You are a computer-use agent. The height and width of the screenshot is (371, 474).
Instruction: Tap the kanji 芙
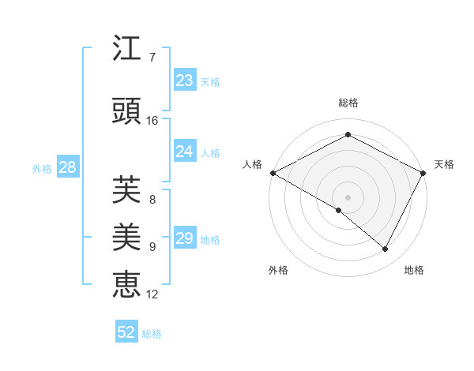pos(127,189)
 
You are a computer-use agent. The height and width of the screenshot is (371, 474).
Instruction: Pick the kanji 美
pos(127,236)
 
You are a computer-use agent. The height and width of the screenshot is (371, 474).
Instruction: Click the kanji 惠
pos(127,283)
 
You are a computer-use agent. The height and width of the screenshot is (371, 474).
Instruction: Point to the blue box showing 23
pos(185,81)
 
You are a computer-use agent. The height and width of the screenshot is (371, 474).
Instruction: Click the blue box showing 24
pos(185,152)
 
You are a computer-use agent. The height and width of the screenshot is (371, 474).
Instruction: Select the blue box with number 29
pos(185,238)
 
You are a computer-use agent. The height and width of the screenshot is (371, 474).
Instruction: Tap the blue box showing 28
pos(67,167)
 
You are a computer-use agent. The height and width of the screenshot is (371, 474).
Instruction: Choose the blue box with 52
pos(126,332)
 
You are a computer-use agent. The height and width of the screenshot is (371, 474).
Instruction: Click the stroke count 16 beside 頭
pos(152,121)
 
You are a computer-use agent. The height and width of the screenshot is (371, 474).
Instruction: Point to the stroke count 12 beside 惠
pos(152,294)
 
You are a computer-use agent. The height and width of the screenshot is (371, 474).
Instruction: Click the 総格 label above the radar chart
pos(348,103)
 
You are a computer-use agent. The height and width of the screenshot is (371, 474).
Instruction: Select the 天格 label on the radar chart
pos(444,164)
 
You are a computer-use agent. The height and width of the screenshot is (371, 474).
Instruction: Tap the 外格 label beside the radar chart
pos(278,270)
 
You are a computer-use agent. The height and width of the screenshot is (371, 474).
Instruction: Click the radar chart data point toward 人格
pos(273,173)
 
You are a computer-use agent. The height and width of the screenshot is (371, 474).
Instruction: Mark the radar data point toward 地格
pos(386,249)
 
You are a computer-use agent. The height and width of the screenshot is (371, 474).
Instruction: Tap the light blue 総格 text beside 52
pos(152,334)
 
